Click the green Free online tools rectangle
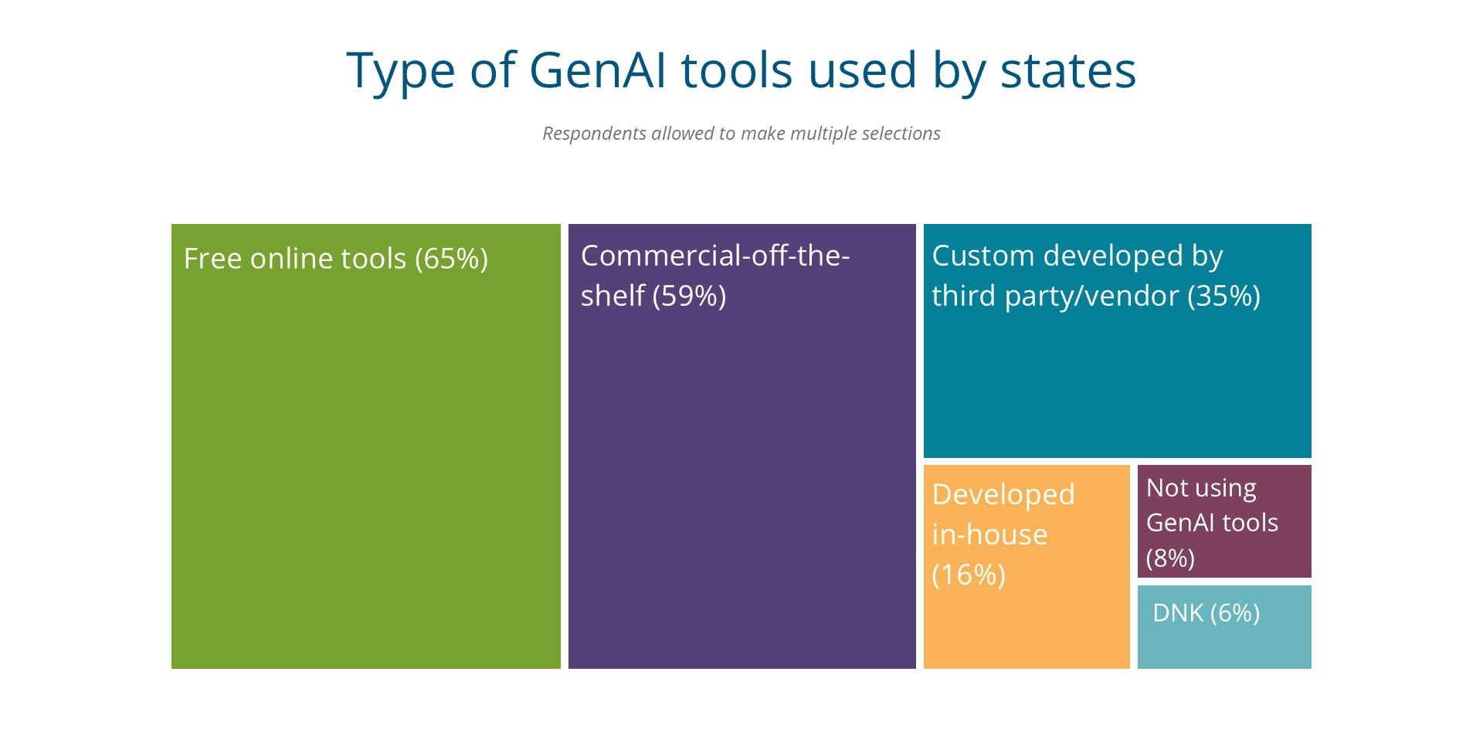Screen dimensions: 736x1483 click(365, 463)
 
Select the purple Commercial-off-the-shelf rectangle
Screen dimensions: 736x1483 click(741, 479)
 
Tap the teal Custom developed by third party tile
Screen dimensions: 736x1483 click(1117, 378)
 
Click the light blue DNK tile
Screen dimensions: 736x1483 click(1224, 641)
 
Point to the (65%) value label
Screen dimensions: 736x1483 click(451, 259)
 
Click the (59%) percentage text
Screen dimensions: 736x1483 click(689, 296)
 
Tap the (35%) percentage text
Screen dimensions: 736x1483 click(1223, 296)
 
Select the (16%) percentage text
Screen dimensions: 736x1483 click(969, 575)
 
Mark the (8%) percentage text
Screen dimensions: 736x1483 click(1170, 558)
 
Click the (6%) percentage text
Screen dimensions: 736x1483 click(1234, 613)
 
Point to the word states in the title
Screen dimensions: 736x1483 click(1067, 70)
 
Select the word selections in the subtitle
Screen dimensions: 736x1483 click(901, 134)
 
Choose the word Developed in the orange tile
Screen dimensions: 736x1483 click(1003, 494)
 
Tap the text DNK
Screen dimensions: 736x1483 click(1177, 613)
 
